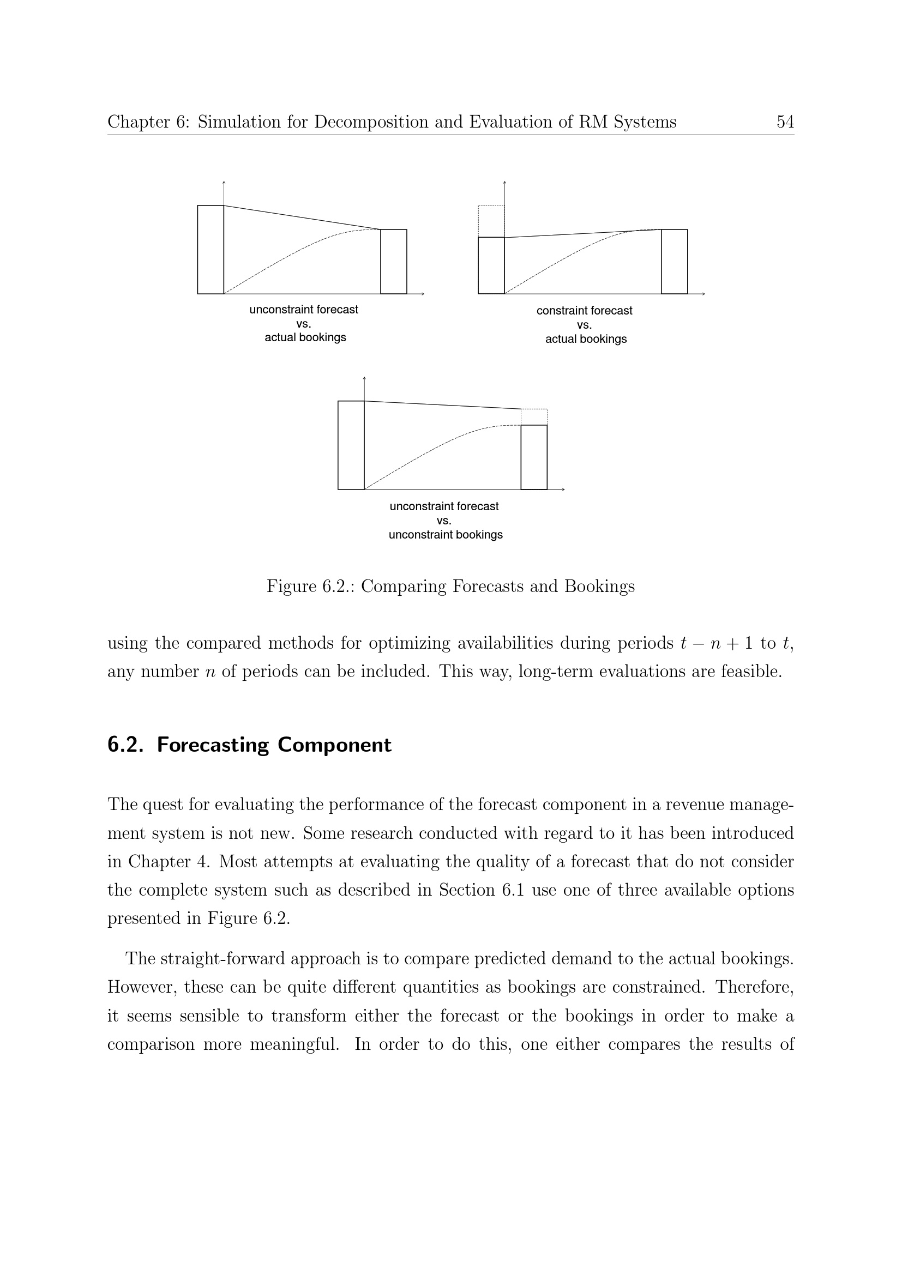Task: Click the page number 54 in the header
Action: [785, 122]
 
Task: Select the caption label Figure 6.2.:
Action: [310, 587]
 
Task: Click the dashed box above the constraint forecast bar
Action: [491, 221]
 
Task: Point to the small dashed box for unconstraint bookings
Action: [534, 416]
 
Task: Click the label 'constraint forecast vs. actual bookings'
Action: [585, 325]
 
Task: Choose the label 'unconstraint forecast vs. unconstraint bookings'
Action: [445, 521]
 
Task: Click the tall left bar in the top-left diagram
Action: [211, 249]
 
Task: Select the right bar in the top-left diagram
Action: [393, 262]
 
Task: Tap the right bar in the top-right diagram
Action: [674, 262]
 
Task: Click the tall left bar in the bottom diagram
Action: [351, 445]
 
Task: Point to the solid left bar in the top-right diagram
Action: [491, 265]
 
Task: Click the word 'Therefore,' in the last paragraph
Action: [754, 987]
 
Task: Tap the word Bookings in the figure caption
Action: [599, 587]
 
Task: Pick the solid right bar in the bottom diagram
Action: [534, 457]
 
